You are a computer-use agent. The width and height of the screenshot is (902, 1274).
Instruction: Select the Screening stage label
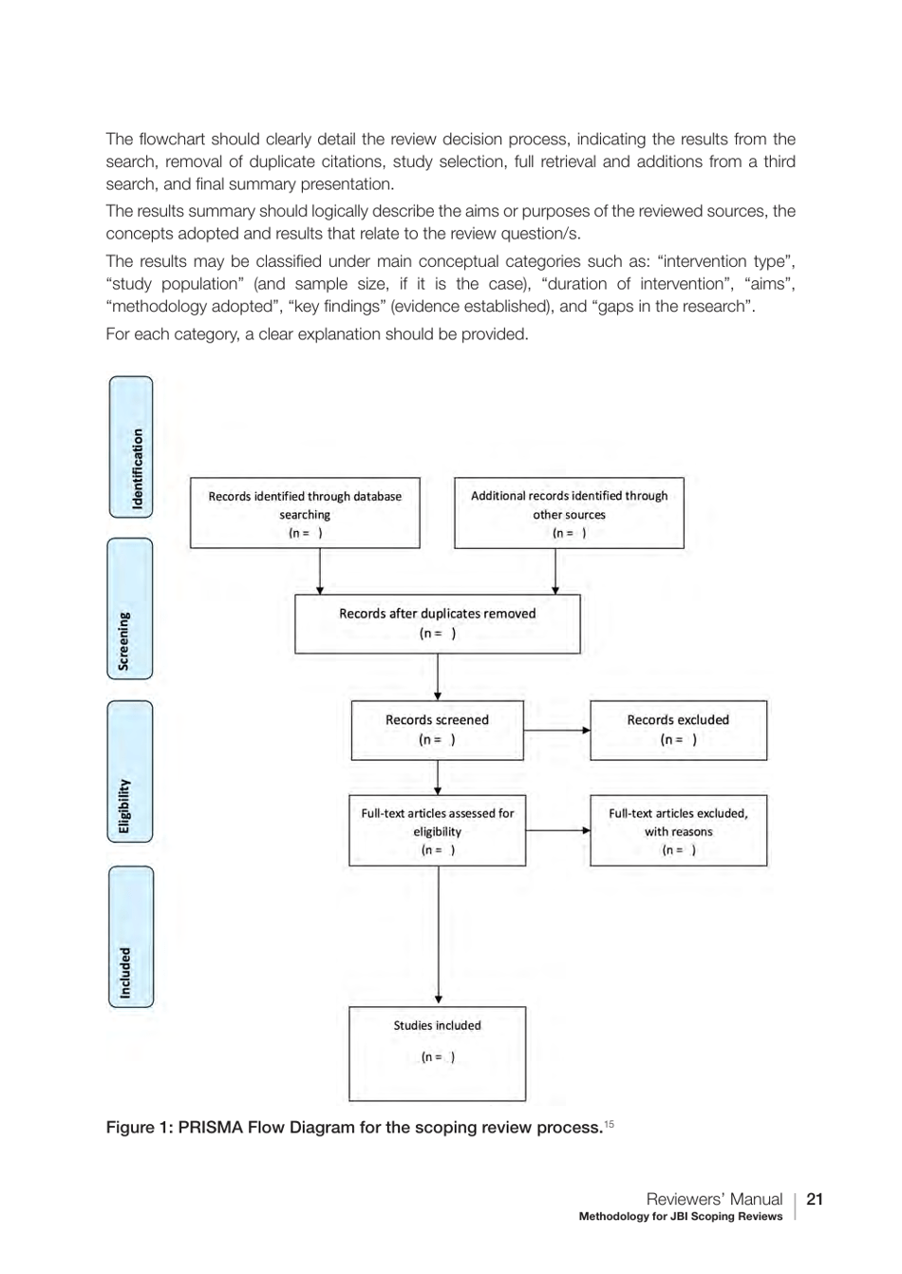[x=130, y=609]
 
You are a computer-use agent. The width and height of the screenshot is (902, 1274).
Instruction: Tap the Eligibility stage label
[x=130, y=771]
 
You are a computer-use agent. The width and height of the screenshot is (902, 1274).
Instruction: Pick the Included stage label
[x=130, y=937]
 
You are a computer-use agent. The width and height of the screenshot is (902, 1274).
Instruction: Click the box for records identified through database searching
[x=305, y=514]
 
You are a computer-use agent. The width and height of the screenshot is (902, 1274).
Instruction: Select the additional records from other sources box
[x=569, y=514]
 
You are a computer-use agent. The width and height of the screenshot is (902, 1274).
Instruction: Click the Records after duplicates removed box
[x=437, y=623]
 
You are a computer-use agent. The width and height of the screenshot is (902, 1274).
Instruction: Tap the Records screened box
[x=437, y=730]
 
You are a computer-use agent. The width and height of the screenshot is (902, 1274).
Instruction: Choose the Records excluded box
[x=678, y=730]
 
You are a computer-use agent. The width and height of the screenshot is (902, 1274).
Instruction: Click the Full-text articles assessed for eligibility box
[x=437, y=831]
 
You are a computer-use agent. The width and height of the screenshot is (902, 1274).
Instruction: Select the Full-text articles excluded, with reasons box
[x=678, y=831]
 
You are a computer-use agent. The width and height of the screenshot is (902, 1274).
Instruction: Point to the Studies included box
[x=437, y=1054]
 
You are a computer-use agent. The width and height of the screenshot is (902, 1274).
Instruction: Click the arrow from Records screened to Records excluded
[x=556, y=731]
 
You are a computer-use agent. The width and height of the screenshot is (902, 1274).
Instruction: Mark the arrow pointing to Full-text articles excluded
[x=557, y=830]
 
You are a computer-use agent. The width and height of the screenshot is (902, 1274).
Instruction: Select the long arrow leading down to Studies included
[x=439, y=936]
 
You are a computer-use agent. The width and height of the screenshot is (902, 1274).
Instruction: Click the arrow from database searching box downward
[x=320, y=571]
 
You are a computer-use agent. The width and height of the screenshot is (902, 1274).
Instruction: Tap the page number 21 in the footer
[x=815, y=1199]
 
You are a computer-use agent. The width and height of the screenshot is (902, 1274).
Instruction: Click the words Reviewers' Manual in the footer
[x=714, y=1199]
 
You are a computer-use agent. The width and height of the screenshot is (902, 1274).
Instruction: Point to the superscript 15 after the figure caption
[x=610, y=1124]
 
